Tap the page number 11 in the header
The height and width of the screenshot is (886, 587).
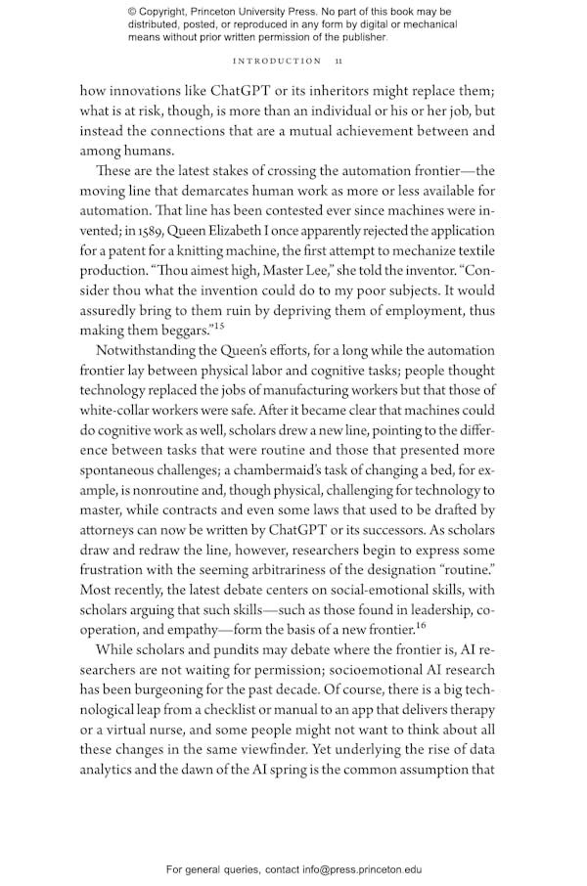tap(339, 61)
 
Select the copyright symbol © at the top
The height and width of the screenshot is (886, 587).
tap(133, 12)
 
